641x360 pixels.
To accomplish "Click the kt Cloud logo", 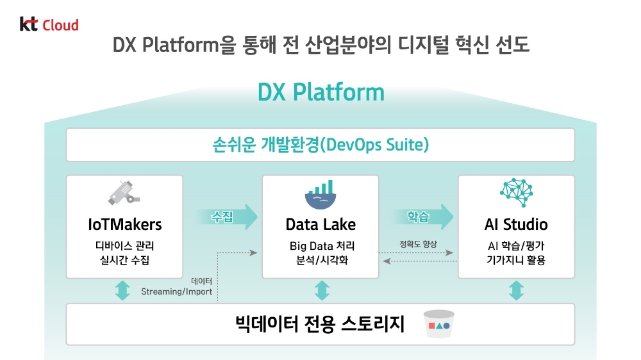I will (x=49, y=25).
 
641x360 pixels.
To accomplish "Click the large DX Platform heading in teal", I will (x=320, y=92).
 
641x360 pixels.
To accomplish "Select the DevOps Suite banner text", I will (x=320, y=145).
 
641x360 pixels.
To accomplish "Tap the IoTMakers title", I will (x=124, y=224).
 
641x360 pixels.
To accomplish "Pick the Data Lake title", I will (x=320, y=224).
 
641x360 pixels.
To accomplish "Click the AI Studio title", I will (x=516, y=224).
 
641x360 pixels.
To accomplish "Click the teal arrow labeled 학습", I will (x=420, y=217).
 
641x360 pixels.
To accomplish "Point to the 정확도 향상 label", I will (x=417, y=244).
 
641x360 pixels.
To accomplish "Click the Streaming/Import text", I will (x=176, y=291).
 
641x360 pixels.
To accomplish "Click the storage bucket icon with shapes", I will (x=439, y=325).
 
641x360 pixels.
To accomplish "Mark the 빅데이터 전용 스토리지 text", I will (x=320, y=324).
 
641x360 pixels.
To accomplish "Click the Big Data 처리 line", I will (x=320, y=246).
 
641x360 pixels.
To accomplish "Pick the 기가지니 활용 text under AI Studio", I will (x=516, y=260).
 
